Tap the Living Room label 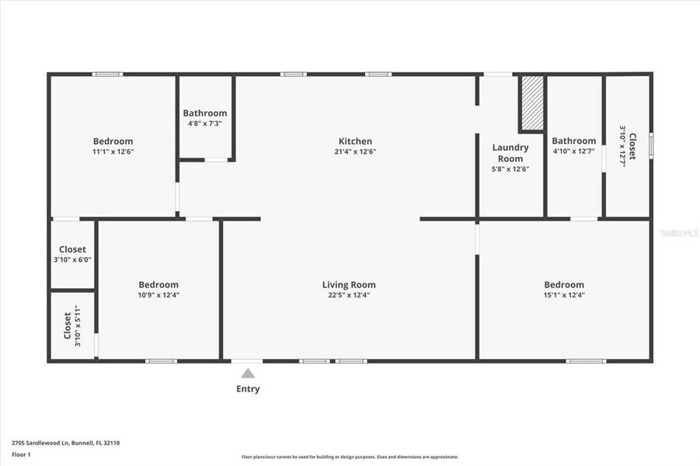point(349,285)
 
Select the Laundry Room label point(510,153)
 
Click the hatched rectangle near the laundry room point(532,103)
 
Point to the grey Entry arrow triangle point(248,374)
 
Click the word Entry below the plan point(248,389)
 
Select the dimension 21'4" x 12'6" point(355,152)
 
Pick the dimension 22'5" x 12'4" point(349,295)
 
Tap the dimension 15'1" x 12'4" point(564,295)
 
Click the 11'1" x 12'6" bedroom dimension point(113,152)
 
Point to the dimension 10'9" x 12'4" point(158,295)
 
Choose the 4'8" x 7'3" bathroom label point(205,123)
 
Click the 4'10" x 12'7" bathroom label point(574,151)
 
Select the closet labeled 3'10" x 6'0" point(73,255)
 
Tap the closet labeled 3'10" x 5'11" point(71,325)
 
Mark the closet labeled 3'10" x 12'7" point(628,146)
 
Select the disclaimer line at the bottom point(350,457)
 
